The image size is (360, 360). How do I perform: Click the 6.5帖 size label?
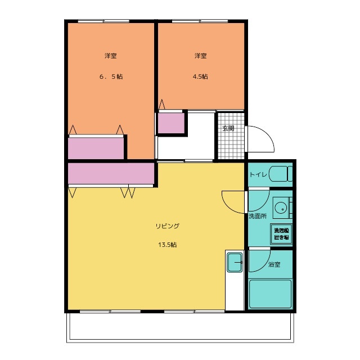pyautogui.click(x=111, y=76)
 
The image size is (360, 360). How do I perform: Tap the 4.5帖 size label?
pyautogui.click(x=200, y=76)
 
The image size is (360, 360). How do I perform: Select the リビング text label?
pyautogui.click(x=168, y=226)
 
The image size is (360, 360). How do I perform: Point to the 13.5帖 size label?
pyautogui.click(x=168, y=245)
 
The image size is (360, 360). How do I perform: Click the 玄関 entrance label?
pyautogui.click(x=228, y=128)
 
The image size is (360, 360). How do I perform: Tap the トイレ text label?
pyautogui.click(x=258, y=175)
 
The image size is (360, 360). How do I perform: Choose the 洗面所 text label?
pyautogui.click(x=258, y=216)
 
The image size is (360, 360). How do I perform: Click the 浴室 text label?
pyautogui.click(x=274, y=264)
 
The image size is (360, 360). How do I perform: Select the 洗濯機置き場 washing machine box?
pyautogui.click(x=281, y=234)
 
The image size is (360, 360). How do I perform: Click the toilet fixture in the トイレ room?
pyautogui.click(x=281, y=174)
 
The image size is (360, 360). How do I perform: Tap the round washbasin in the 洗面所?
pyautogui.click(x=281, y=208)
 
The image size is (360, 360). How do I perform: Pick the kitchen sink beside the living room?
pyautogui.click(x=235, y=262)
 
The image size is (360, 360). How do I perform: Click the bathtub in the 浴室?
pyautogui.click(x=270, y=294)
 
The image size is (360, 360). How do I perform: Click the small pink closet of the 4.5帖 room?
pyautogui.click(x=171, y=123)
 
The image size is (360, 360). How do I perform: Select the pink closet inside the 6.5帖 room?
pyautogui.click(x=96, y=148)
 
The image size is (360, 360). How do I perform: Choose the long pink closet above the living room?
pyautogui.click(x=111, y=173)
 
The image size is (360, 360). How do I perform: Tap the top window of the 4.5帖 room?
pyautogui.click(x=200, y=21)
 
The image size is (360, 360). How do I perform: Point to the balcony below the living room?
pyautogui.click(x=180, y=328)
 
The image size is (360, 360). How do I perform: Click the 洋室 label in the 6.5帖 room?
pyautogui.click(x=111, y=56)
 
